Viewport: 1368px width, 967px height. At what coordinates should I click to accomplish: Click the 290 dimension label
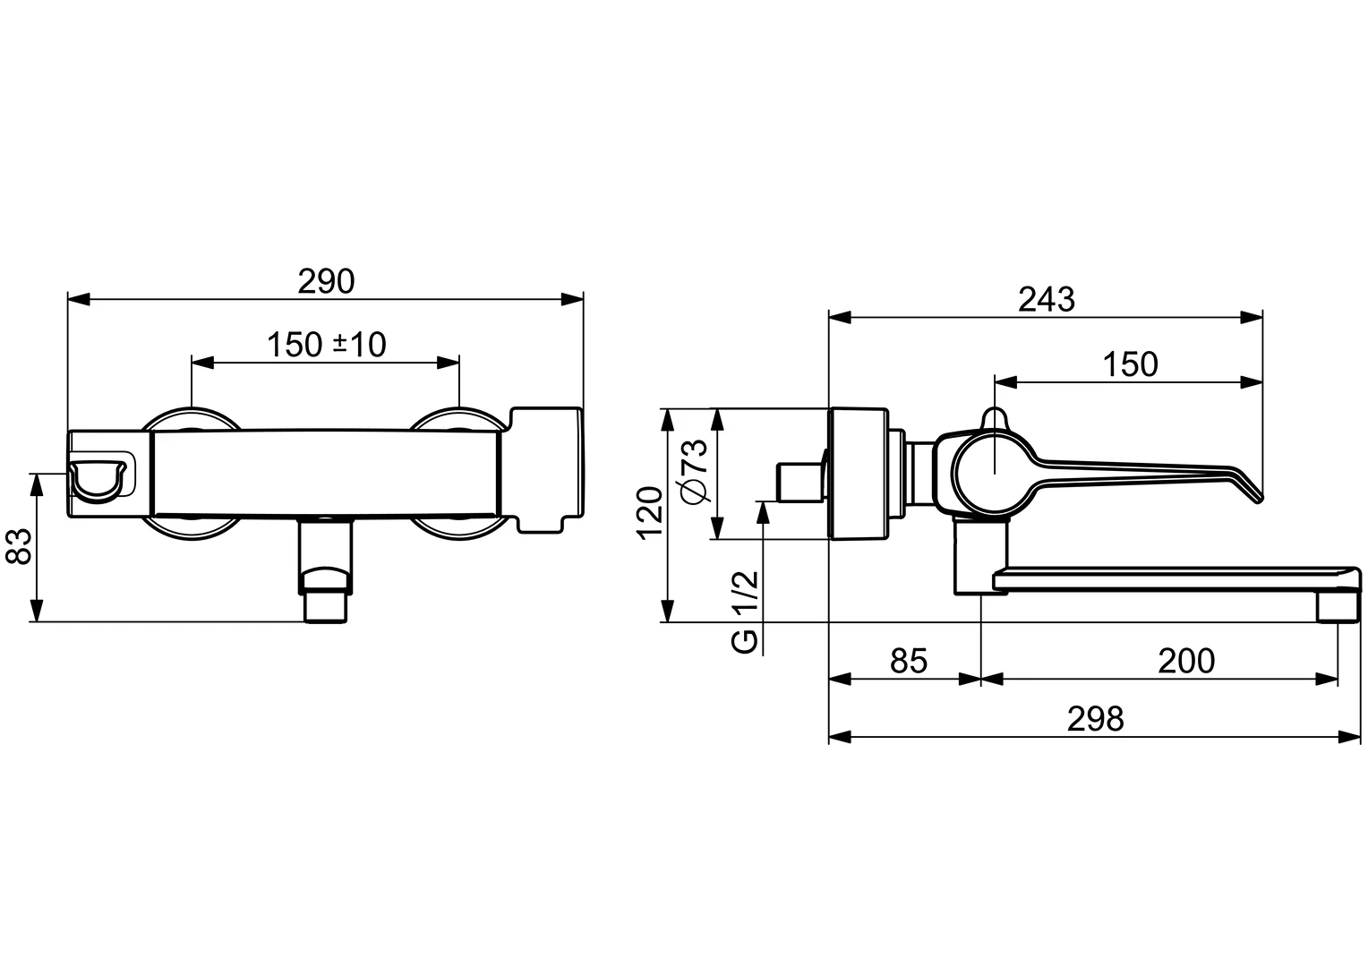click(326, 281)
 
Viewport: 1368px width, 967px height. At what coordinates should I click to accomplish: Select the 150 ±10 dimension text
click(327, 344)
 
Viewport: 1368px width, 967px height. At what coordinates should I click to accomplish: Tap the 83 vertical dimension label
click(19, 545)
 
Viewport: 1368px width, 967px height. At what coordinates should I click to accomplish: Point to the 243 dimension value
click(1046, 299)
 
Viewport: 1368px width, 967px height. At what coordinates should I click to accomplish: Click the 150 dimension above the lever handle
click(1129, 364)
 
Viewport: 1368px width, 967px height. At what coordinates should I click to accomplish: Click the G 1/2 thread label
click(745, 612)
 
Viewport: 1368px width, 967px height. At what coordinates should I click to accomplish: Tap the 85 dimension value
click(908, 662)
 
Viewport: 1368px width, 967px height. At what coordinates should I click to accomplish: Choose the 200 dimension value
click(1185, 662)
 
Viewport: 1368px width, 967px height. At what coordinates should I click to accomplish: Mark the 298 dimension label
click(1095, 719)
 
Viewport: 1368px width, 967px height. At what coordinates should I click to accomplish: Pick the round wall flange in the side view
click(859, 474)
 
